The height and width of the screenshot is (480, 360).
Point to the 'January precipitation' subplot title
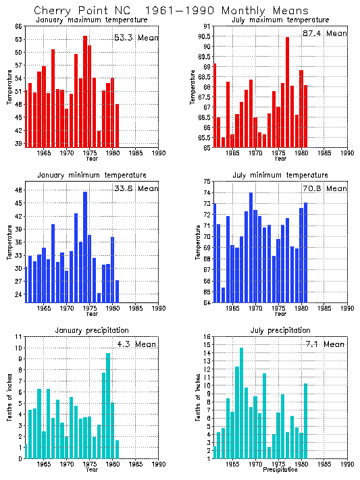click(x=92, y=329)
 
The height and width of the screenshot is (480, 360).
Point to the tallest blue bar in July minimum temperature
click(x=251, y=247)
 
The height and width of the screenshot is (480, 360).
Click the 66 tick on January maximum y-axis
click(x=19, y=26)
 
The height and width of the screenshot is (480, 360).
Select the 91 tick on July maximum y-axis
click(x=208, y=26)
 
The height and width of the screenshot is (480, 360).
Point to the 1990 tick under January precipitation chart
click(x=159, y=464)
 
